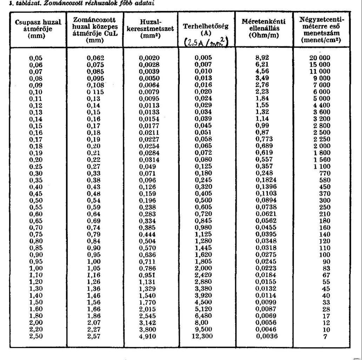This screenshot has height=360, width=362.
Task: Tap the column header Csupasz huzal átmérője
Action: click(x=38, y=29)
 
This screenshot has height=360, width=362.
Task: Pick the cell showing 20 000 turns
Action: click(x=320, y=58)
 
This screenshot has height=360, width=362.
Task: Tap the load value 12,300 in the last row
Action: click(x=204, y=336)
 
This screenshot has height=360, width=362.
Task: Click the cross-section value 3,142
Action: click(x=149, y=323)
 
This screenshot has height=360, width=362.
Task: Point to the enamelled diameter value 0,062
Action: click(x=95, y=58)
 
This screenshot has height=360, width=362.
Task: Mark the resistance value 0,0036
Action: click(x=268, y=336)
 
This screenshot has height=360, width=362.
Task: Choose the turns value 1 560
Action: click(x=320, y=160)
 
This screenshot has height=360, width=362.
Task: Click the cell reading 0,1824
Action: click(x=266, y=180)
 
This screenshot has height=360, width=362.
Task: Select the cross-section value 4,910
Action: click(x=149, y=336)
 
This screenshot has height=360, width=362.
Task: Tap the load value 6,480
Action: click(x=204, y=316)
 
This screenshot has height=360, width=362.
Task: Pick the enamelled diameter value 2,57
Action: click(x=94, y=336)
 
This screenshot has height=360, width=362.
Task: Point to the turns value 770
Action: click(x=324, y=173)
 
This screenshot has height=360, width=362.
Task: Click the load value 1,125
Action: click(x=204, y=234)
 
